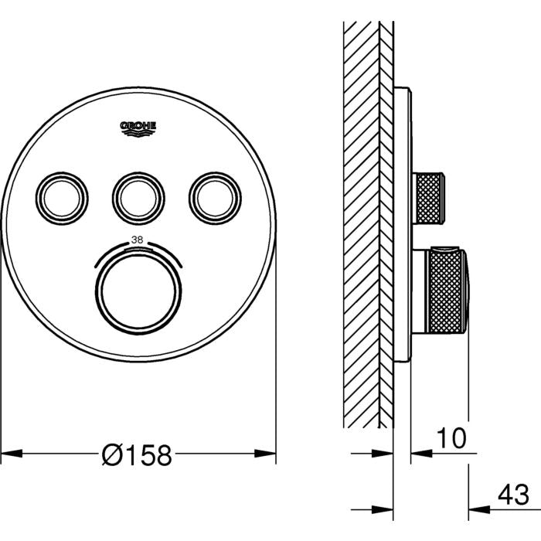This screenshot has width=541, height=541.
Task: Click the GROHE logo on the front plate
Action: (x=138, y=129)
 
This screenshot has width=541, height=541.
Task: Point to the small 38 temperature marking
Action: (x=138, y=240)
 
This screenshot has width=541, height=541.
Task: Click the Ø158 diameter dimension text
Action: (x=137, y=454)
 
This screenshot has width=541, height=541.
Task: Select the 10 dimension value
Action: (x=451, y=438)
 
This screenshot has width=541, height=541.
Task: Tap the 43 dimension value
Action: (x=513, y=495)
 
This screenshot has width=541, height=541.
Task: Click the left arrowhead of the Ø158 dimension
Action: (x=12, y=454)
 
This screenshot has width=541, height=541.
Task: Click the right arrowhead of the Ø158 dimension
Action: (x=265, y=454)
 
